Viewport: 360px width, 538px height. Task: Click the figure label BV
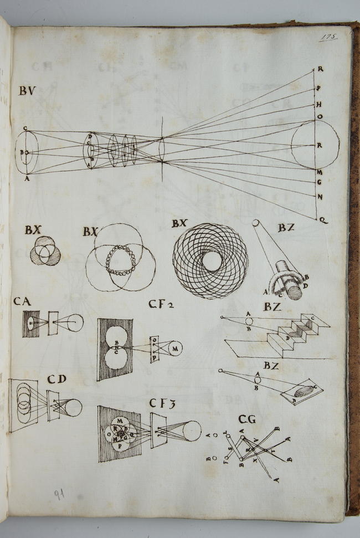click(27, 91)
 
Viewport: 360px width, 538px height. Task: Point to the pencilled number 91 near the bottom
click(59, 494)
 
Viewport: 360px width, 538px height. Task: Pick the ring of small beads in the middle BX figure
click(120, 260)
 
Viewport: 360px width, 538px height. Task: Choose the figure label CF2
click(162, 304)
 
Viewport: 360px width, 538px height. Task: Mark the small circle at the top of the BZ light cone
click(255, 223)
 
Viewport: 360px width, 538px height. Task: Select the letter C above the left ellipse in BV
click(25, 128)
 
